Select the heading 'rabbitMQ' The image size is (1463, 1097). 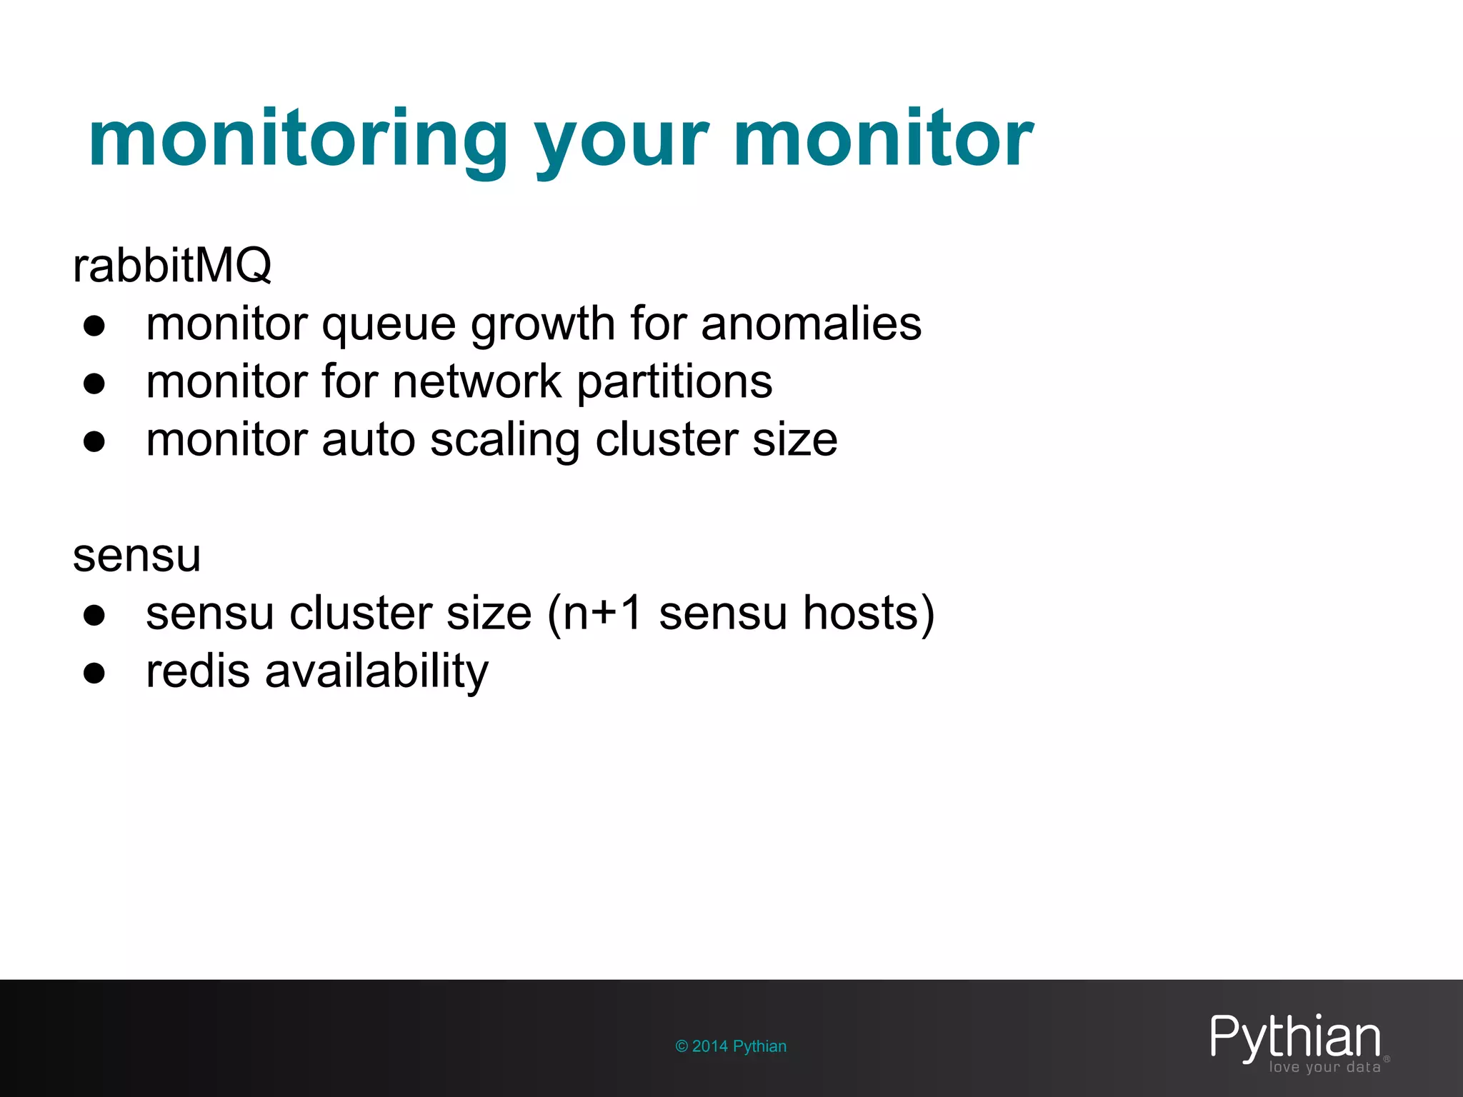[x=172, y=266]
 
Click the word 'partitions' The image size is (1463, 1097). [x=674, y=382]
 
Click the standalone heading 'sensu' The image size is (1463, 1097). [x=136, y=555]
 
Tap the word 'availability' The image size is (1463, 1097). [x=376, y=672]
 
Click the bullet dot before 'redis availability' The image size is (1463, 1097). [x=94, y=673]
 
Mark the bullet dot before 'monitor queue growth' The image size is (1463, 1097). [x=94, y=326]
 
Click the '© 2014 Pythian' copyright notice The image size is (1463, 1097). [x=731, y=1046]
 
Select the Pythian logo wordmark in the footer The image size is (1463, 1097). [x=1294, y=1036]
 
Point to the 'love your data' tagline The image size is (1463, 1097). [x=1324, y=1068]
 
